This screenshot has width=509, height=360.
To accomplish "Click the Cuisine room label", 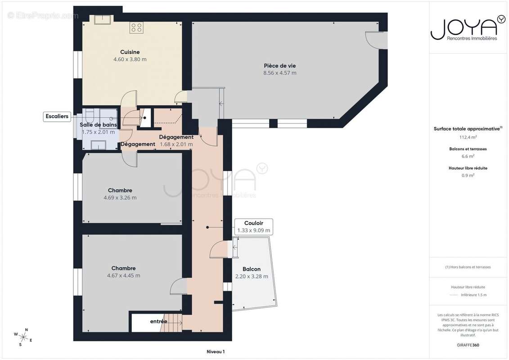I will coord(130,52).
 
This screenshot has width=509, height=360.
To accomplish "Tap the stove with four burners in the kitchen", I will coord(136,28).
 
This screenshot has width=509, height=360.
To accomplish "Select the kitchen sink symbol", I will coord(103,19).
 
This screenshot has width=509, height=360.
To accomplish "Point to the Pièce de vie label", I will coord(279,66).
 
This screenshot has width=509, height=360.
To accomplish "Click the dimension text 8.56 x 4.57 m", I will coord(279,73).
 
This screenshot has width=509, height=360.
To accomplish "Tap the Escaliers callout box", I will coord(57,117).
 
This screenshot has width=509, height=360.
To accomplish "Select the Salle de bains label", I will coord(98,125).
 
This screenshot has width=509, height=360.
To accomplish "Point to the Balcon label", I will coord(252,269).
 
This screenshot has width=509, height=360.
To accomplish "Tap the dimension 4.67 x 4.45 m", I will coord(123,275).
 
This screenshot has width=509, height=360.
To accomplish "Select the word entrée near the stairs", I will coord(158,321).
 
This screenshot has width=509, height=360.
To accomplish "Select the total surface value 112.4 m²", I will coord(468,137).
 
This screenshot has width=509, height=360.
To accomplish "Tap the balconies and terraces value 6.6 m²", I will coord(468,157).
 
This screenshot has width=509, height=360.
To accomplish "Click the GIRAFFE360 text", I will coord(468,345).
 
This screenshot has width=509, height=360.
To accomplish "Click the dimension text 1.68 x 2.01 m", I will coord(176,144).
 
